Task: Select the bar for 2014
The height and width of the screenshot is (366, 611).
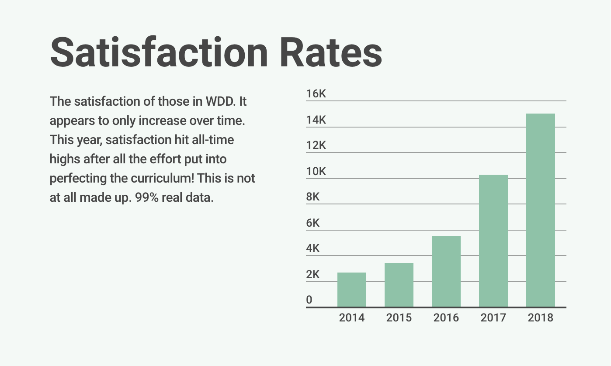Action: point(352,290)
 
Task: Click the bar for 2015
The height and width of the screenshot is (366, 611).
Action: point(399,285)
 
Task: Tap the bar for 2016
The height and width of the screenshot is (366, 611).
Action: point(446,271)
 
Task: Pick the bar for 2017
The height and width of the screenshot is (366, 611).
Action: point(493,241)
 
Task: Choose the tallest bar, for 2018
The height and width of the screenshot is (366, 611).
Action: point(541,210)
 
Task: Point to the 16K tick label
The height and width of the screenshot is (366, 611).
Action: point(316,94)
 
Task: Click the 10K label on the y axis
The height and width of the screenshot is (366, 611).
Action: point(316,171)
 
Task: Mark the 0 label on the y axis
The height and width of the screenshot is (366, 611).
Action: point(309,300)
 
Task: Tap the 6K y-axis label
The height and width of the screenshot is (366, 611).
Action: point(313,223)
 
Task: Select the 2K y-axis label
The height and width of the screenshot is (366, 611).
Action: point(313,275)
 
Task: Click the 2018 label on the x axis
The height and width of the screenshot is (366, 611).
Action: point(541,318)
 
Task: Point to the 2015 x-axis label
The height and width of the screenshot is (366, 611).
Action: point(399,318)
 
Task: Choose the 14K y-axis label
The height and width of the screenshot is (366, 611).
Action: point(316,120)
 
